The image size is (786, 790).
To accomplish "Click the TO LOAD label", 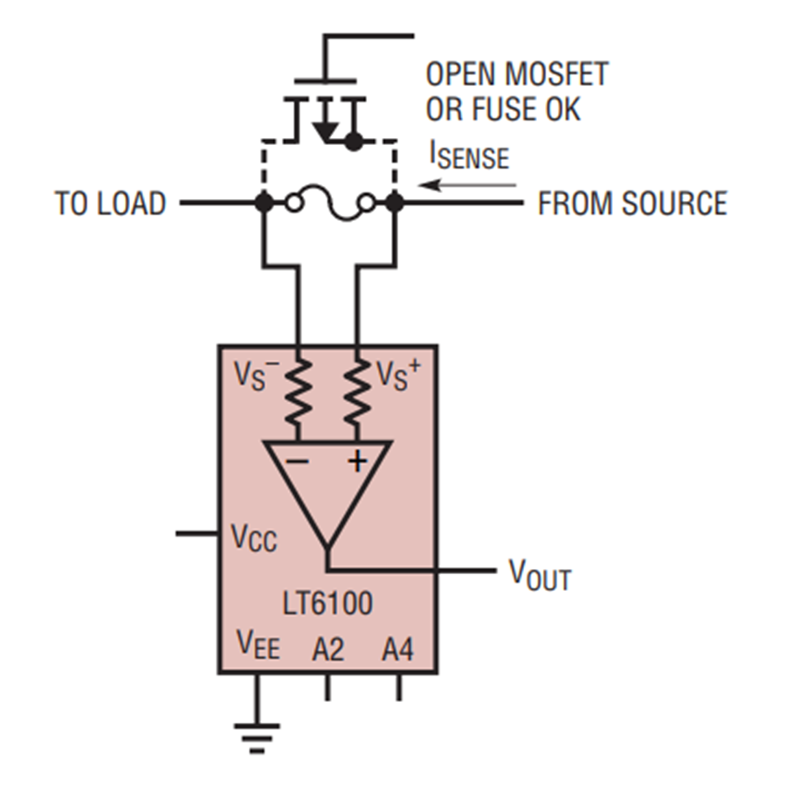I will [110, 204].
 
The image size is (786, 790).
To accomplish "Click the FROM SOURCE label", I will [631, 204].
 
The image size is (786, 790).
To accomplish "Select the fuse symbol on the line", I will [328, 204].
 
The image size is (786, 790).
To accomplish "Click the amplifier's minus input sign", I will [298, 461].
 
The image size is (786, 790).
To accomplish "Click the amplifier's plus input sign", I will [357, 461].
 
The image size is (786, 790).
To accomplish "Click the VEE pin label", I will [259, 647].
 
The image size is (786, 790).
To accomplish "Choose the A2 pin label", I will [328, 648].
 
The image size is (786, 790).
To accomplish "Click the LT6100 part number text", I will [327, 604].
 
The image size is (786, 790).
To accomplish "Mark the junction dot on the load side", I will [262, 204].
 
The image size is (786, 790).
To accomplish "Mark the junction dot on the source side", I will [395, 204].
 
